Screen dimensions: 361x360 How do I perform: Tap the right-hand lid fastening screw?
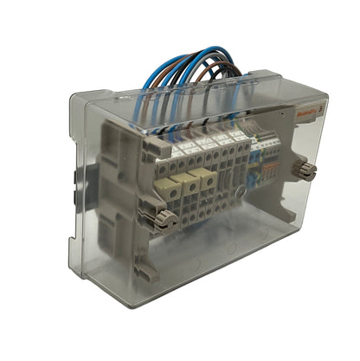(x=305, y=168)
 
